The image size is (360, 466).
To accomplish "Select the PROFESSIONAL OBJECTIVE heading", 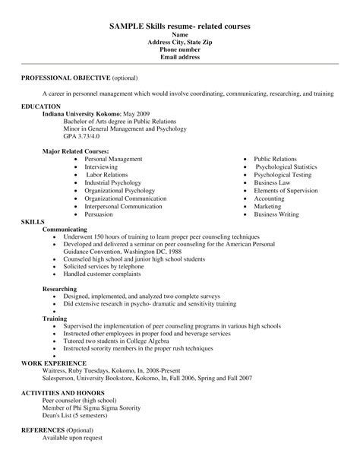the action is pyautogui.click(x=65, y=78).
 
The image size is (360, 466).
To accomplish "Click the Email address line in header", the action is pyautogui.click(x=180, y=56).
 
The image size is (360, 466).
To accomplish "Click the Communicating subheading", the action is pyautogui.click(x=65, y=228).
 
